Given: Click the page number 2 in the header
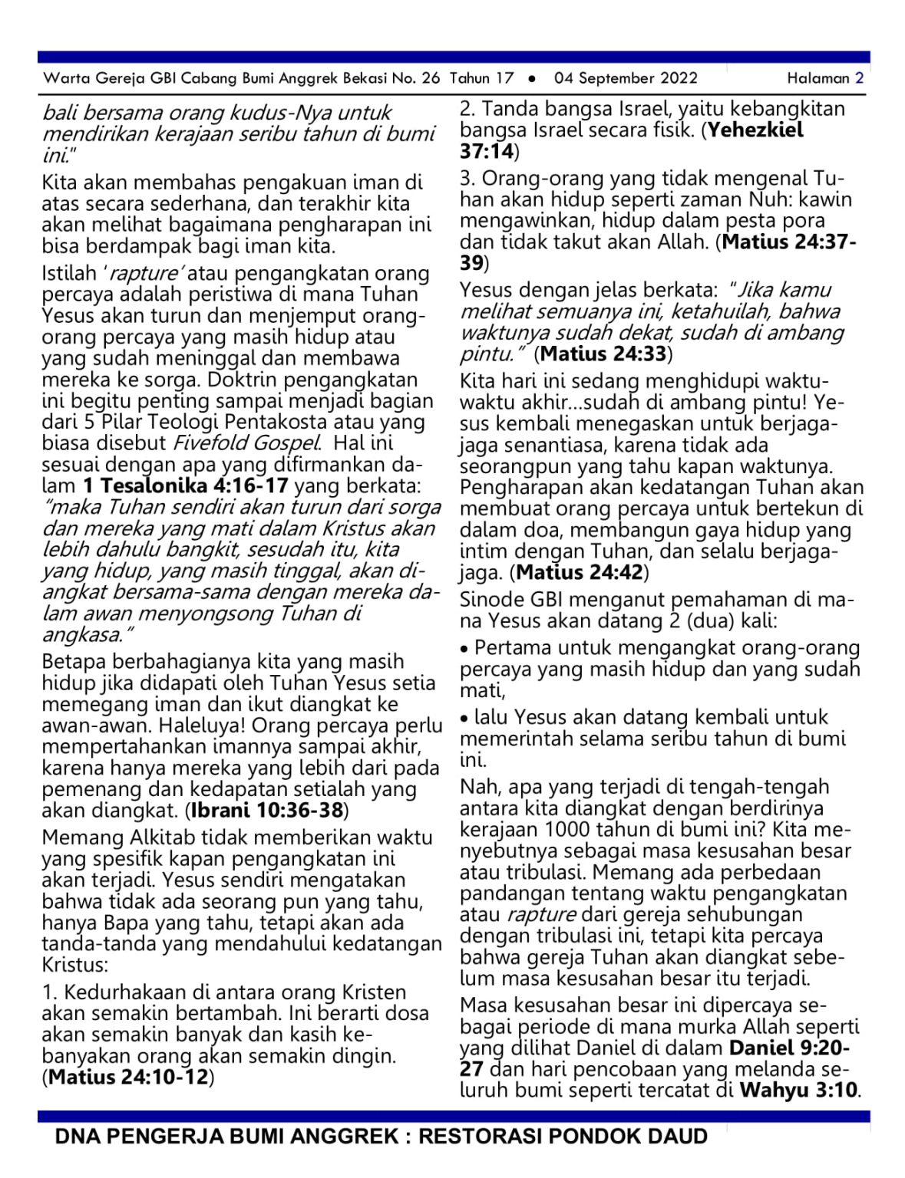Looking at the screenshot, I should pyautogui.click(x=860, y=77).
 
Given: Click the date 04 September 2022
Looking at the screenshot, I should pyautogui.click(x=626, y=77).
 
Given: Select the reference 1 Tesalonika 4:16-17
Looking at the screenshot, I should pyautogui.click(x=185, y=485).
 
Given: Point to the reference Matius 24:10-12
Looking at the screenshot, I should pyautogui.click(x=128, y=1077).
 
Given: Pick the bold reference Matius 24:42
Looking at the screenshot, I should pyautogui.click(x=580, y=572).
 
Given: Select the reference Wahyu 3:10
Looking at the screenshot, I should pyautogui.click(x=798, y=1090).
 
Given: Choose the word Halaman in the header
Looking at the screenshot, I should pyautogui.click(x=818, y=77).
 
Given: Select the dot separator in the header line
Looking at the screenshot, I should pyautogui.click(x=532, y=78).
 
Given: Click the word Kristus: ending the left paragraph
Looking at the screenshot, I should pyautogui.click(x=74, y=965).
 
